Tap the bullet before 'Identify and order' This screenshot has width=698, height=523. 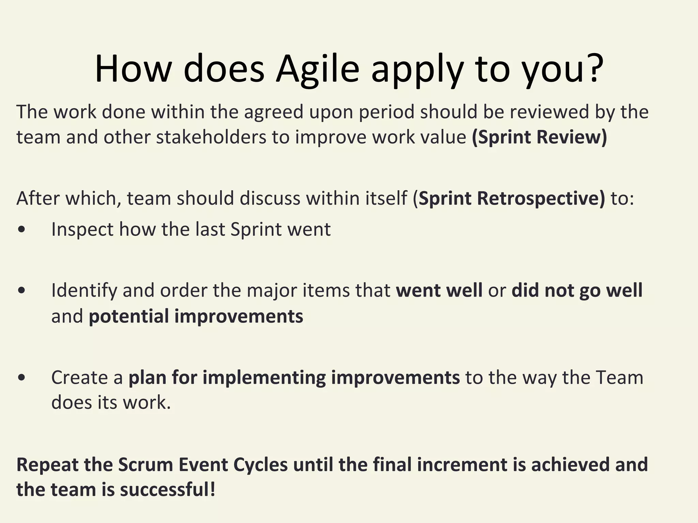[21, 290]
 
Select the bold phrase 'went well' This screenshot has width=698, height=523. [439, 290]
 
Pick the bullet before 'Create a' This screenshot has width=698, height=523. [21, 377]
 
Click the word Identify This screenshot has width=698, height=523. [84, 290]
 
